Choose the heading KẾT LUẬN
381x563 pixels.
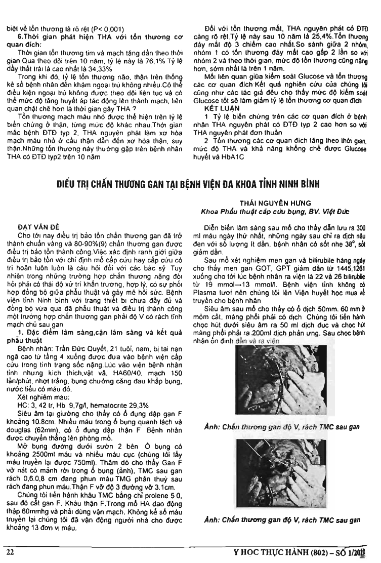point(216,108)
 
